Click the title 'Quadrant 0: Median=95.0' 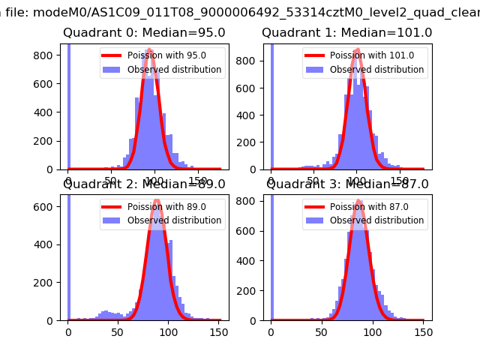click(144, 33)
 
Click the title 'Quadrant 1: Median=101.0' click(346, 33)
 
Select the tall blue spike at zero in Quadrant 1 click(271, 105)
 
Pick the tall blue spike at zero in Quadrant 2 click(69, 255)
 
